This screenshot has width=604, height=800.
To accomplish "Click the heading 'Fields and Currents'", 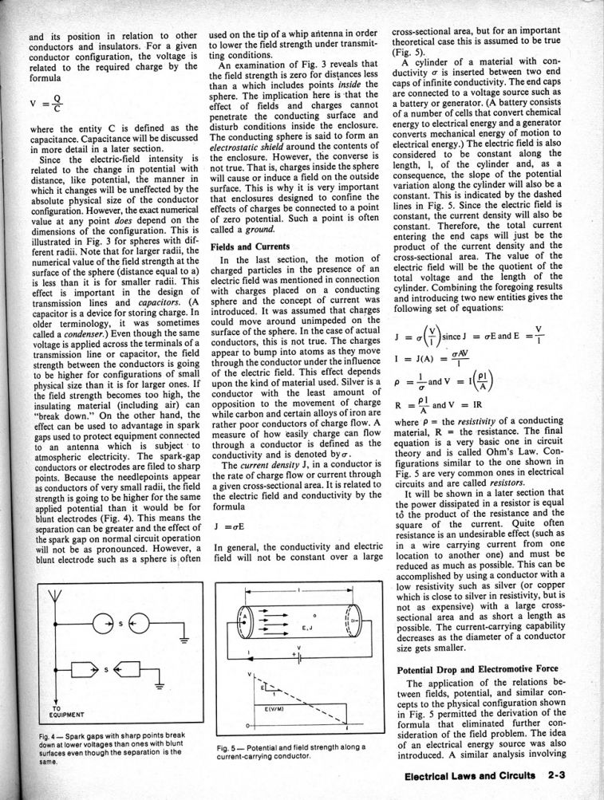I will (x=249, y=247).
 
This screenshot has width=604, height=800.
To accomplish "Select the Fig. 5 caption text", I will (x=292, y=751).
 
